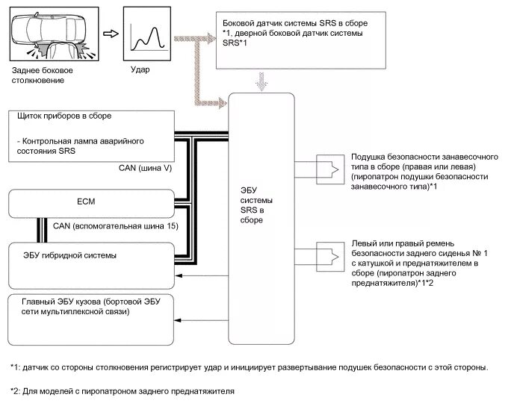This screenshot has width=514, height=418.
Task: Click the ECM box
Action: (x=91, y=204)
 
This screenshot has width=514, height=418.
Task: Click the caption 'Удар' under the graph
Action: (x=140, y=69)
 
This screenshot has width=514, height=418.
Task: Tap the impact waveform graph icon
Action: (x=147, y=34)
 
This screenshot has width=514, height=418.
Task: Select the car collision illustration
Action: (x=54, y=34)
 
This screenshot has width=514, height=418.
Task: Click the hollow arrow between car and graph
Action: (x=111, y=34)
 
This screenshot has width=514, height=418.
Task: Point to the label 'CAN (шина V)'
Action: (x=145, y=168)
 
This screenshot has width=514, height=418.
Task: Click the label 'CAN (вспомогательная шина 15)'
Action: (x=116, y=226)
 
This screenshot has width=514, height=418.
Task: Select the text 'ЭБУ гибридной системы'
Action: (x=69, y=255)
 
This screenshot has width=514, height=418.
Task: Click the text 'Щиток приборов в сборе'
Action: (x=64, y=116)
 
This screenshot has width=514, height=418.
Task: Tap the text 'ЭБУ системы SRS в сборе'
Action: (x=256, y=205)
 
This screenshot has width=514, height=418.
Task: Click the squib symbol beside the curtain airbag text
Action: (x=330, y=169)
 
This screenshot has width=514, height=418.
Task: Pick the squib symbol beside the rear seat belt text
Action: (x=330, y=257)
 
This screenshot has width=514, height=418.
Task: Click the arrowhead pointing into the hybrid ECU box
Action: (x=179, y=276)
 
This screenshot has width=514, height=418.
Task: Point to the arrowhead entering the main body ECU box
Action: (x=179, y=320)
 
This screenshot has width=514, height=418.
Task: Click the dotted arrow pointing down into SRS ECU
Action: (x=261, y=81)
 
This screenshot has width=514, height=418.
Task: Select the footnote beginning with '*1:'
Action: (x=250, y=367)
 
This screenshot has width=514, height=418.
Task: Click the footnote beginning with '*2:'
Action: (x=123, y=391)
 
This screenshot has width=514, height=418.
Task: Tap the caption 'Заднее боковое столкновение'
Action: (x=43, y=75)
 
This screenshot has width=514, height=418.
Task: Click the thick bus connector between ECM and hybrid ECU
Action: (x=42, y=231)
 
